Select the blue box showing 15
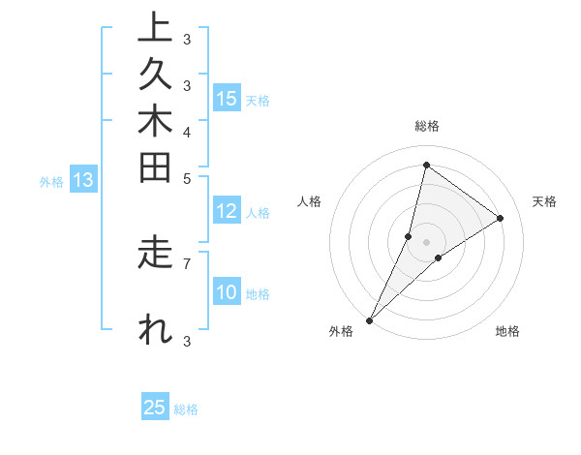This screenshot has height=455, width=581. click(x=227, y=99)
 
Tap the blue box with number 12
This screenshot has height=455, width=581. click(x=227, y=212)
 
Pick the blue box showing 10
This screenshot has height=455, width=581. click(x=227, y=293)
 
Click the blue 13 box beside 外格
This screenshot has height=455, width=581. click(x=83, y=180)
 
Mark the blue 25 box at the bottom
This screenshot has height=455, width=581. click(x=155, y=409)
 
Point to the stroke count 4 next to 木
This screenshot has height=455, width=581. click(x=187, y=132)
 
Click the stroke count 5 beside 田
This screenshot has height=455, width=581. click(x=187, y=178)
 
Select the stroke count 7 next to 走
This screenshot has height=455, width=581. click(x=187, y=262)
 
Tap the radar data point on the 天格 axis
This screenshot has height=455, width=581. click(x=501, y=218)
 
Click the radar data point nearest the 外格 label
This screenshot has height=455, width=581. click(x=369, y=319)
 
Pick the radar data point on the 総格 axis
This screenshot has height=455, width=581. click(x=426, y=165)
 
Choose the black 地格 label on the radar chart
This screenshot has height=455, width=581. click(x=507, y=332)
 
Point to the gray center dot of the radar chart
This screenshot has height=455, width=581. click(x=426, y=242)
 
